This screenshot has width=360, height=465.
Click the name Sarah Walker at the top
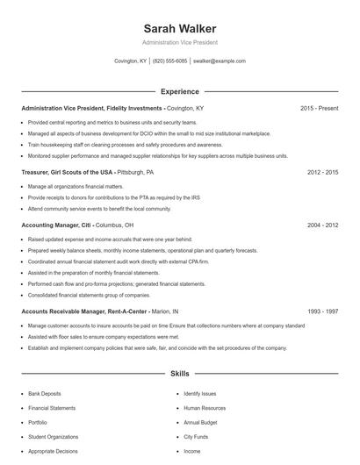coord(179,28)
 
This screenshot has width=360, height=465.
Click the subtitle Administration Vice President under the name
coord(179,42)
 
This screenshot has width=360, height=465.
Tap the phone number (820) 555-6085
coord(169,61)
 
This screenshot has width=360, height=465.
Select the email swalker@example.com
coord(219,61)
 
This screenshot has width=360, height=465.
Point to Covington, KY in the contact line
coord(130,61)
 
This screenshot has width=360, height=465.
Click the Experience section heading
coord(179,91)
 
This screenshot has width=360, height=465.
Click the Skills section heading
coord(179,374)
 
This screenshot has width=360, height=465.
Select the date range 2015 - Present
coord(319,108)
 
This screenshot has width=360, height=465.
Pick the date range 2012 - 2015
coord(322,173)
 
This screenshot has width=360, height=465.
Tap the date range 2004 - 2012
coord(322,225)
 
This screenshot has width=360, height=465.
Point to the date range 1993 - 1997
coord(322,311)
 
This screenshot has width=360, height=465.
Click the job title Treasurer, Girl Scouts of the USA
coord(68,173)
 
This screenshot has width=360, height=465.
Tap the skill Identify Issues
coord(199,394)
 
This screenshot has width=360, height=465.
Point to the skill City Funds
coord(196,436)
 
